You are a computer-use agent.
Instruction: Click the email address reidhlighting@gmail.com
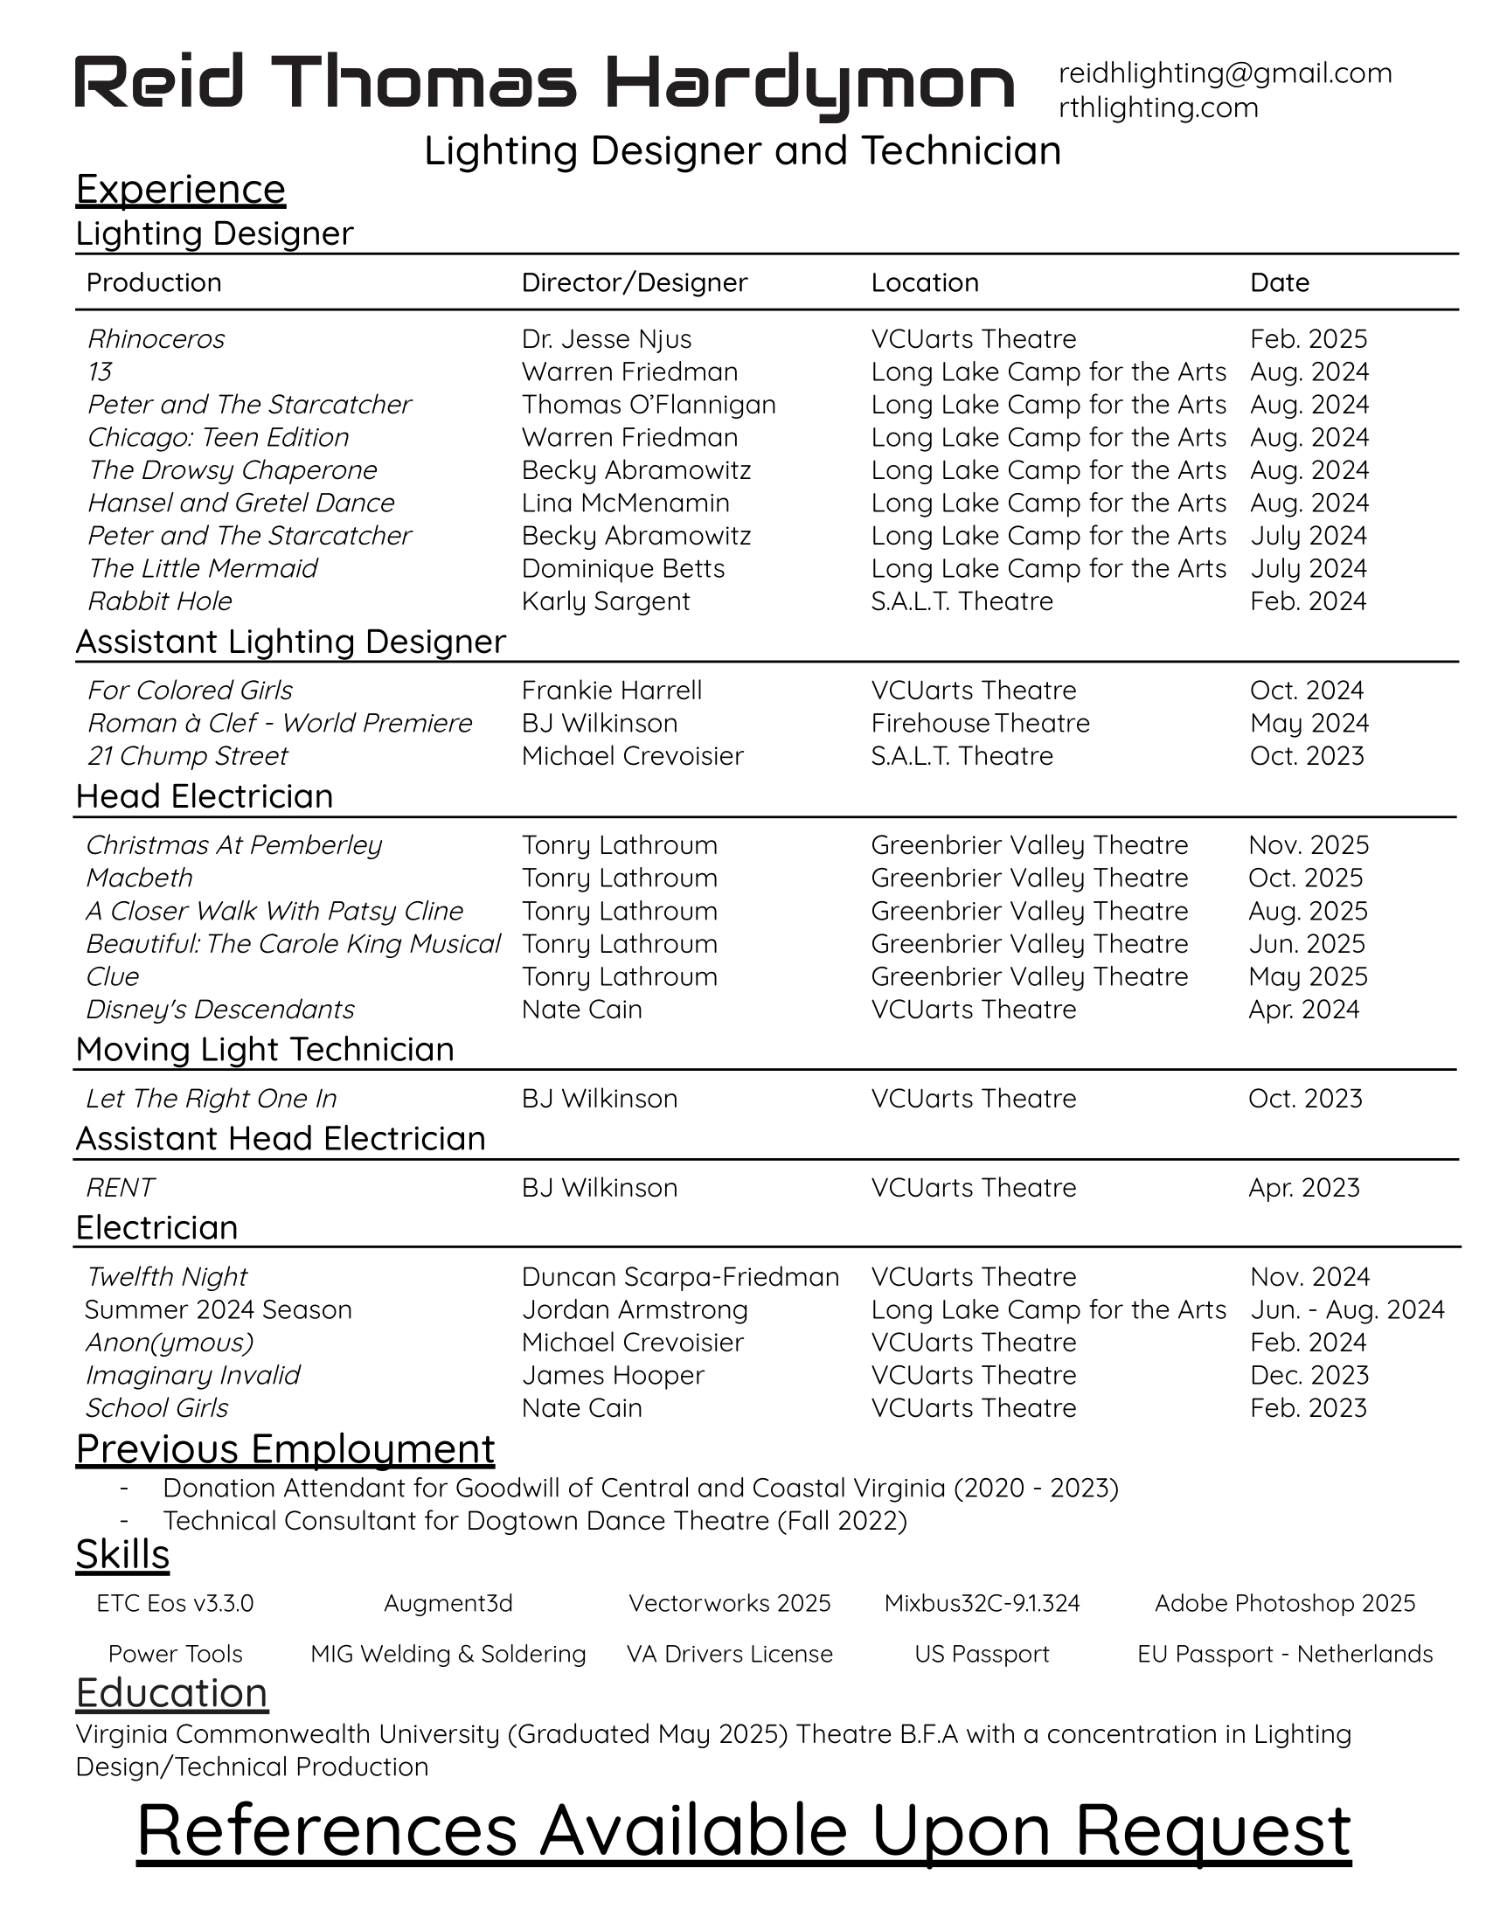(x=1225, y=73)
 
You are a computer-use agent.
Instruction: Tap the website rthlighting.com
(x=1157, y=108)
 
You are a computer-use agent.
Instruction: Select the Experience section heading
(x=180, y=190)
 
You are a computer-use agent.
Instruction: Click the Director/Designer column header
(x=634, y=282)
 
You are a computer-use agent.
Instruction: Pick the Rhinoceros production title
(x=156, y=339)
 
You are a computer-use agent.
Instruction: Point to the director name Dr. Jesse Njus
(x=606, y=339)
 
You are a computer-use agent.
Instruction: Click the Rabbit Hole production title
(x=159, y=601)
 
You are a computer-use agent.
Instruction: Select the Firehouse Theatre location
(x=980, y=723)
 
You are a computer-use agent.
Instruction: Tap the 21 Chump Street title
(x=187, y=755)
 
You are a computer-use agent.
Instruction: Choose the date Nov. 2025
(x=1309, y=845)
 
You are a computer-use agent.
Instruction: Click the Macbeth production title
(x=139, y=878)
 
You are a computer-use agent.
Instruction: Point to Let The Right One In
(x=212, y=1099)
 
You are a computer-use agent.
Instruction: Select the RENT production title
(x=120, y=1188)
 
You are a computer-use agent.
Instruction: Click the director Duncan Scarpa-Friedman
(x=679, y=1277)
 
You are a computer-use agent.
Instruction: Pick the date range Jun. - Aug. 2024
(x=1347, y=1309)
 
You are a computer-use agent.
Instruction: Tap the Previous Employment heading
(x=285, y=1449)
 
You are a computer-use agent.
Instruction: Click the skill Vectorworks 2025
(x=729, y=1603)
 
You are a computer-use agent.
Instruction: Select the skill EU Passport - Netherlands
(x=1284, y=1655)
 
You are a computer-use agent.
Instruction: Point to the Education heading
(x=171, y=1693)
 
